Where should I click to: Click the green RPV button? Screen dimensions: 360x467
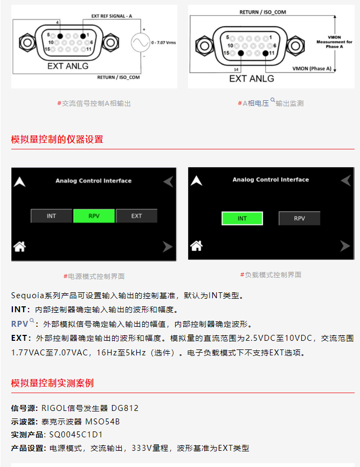tap(94, 216)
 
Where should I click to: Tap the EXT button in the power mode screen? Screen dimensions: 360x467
tap(136, 216)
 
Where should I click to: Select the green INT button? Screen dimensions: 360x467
tap(242, 218)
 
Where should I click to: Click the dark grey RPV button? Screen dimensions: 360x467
tap(299, 218)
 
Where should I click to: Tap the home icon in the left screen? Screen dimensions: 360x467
tap(19, 246)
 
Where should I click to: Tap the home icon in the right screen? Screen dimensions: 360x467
tap(197, 246)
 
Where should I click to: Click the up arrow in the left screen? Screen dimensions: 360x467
tap(19, 182)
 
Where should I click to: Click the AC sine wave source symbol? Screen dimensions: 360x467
tap(140, 42)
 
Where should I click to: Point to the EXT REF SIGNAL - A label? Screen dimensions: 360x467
tap(112, 16)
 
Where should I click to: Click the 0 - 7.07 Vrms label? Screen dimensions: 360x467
tap(163, 43)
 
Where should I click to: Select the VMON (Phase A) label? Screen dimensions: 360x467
tap(311, 68)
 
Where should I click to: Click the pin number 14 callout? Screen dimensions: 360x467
tap(236, 70)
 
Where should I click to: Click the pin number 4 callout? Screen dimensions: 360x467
tap(58, 22)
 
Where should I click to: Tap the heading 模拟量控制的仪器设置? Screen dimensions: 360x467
tap(57, 139)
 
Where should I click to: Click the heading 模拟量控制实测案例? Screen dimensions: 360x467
tap(52, 383)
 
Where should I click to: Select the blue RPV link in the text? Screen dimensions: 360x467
tap(19, 324)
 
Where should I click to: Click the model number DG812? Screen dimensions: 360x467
tap(125, 408)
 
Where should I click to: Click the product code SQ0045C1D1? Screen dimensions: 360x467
tap(76, 435)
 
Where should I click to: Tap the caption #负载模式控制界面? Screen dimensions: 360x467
tap(271, 274)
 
